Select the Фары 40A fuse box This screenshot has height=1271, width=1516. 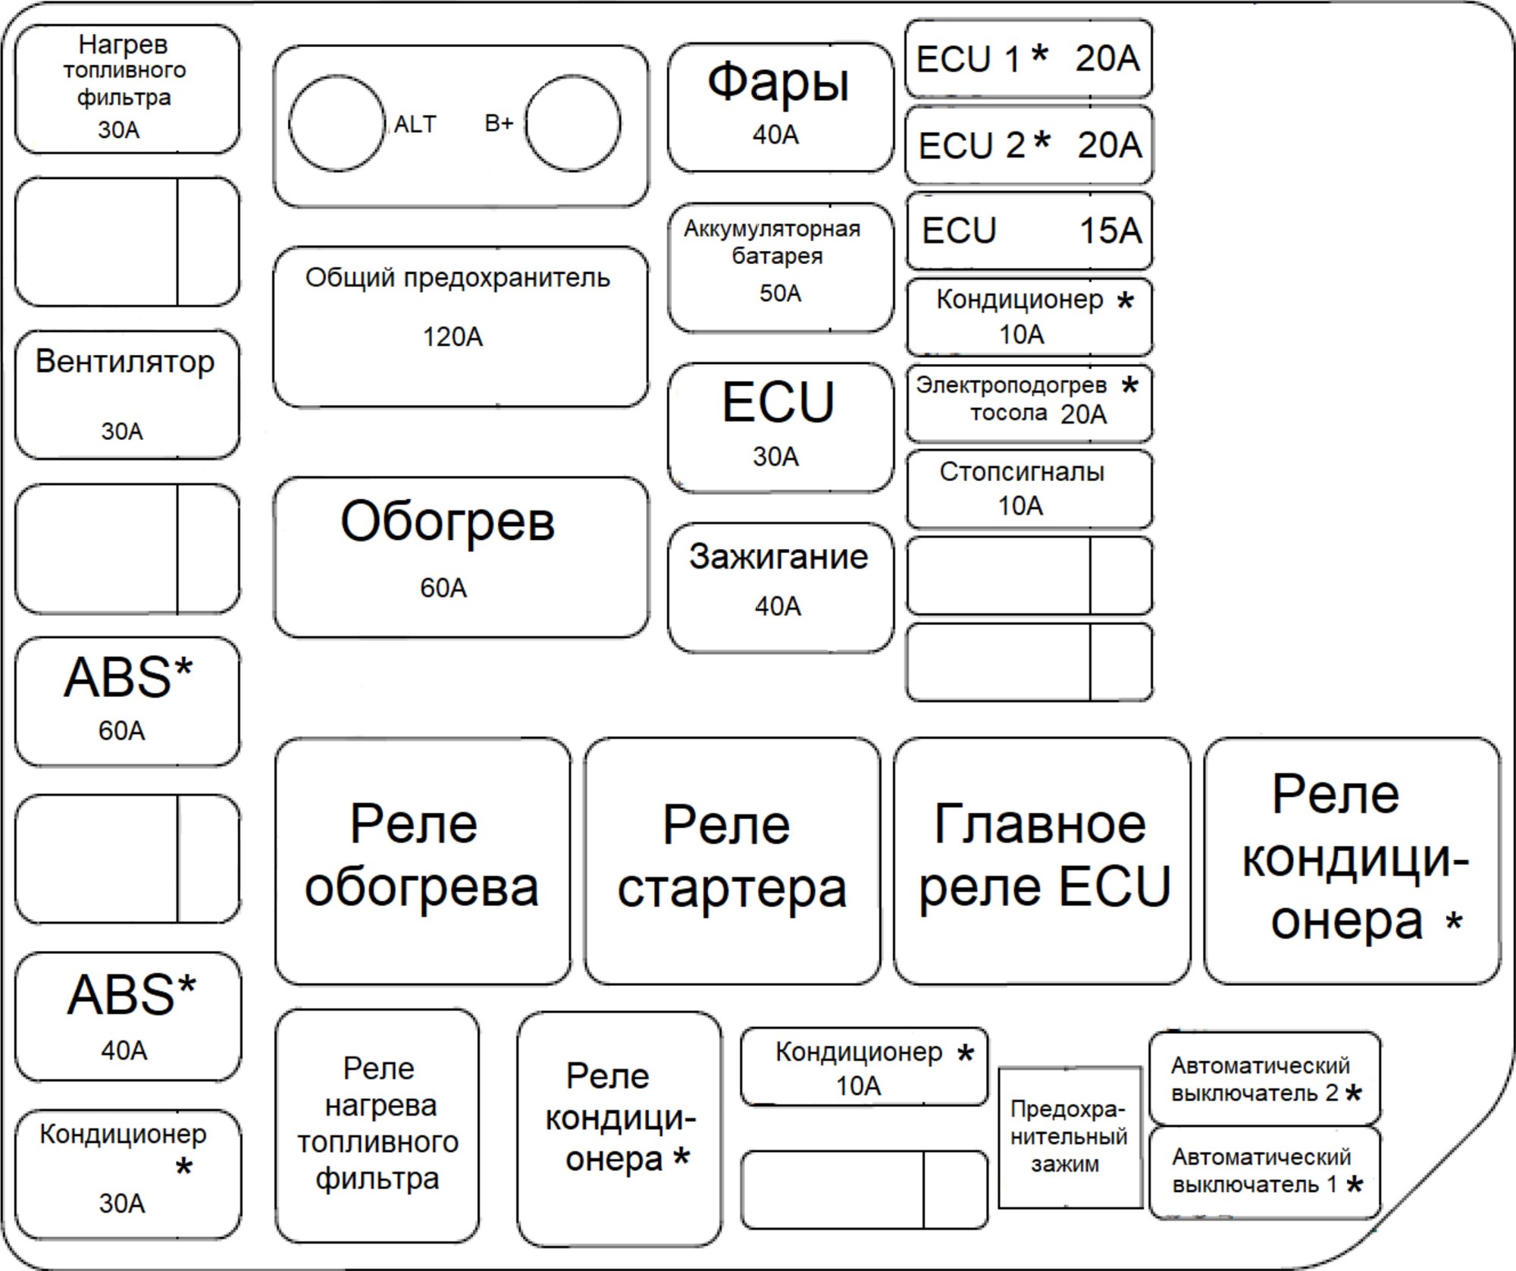coord(781,108)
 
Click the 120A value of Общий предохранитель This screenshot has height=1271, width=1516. coord(453,336)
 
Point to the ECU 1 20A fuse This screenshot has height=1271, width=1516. coord(1029,58)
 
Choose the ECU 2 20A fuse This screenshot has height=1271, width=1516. coord(1029,144)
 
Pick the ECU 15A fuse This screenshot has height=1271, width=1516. coord(1029,231)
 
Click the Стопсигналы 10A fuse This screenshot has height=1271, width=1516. coord(1029,489)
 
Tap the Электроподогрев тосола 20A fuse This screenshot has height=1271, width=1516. coord(1029,403)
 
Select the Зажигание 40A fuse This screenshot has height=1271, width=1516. coord(781,587)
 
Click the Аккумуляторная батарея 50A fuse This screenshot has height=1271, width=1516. coord(781,267)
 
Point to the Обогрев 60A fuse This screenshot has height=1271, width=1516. coord(461,557)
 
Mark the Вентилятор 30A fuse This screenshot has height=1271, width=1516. coord(127,394)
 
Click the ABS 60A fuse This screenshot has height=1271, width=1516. coord(127,701)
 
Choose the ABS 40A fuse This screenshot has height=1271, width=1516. coord(127,1017)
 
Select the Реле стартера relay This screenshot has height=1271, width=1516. coord(732,861)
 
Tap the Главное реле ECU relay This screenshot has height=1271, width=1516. coord(1042,861)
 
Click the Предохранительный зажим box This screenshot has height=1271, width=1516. coord(1070,1137)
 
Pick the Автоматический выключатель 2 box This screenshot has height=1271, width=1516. coord(1264,1078)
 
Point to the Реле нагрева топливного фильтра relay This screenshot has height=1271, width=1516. coord(377,1126)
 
